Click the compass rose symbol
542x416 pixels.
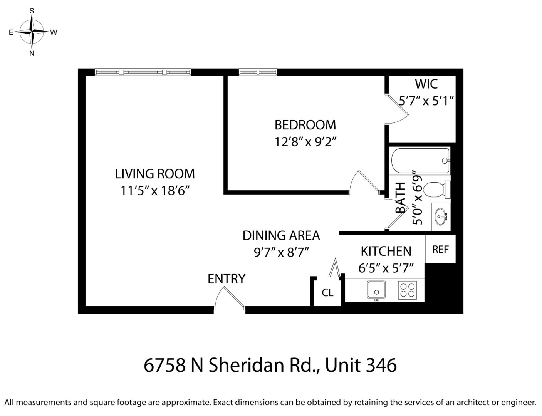32,32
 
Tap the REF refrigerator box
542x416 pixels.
440,249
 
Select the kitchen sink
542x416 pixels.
376,290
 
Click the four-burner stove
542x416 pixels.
407,290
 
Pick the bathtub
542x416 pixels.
420,161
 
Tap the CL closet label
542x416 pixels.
327,293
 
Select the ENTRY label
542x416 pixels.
227,278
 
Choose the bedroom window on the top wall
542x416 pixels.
258,72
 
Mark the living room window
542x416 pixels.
143,72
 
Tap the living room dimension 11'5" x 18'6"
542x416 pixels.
155,190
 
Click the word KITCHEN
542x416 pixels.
386,251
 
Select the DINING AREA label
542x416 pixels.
281,235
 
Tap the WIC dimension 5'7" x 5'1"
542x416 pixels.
426,101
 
